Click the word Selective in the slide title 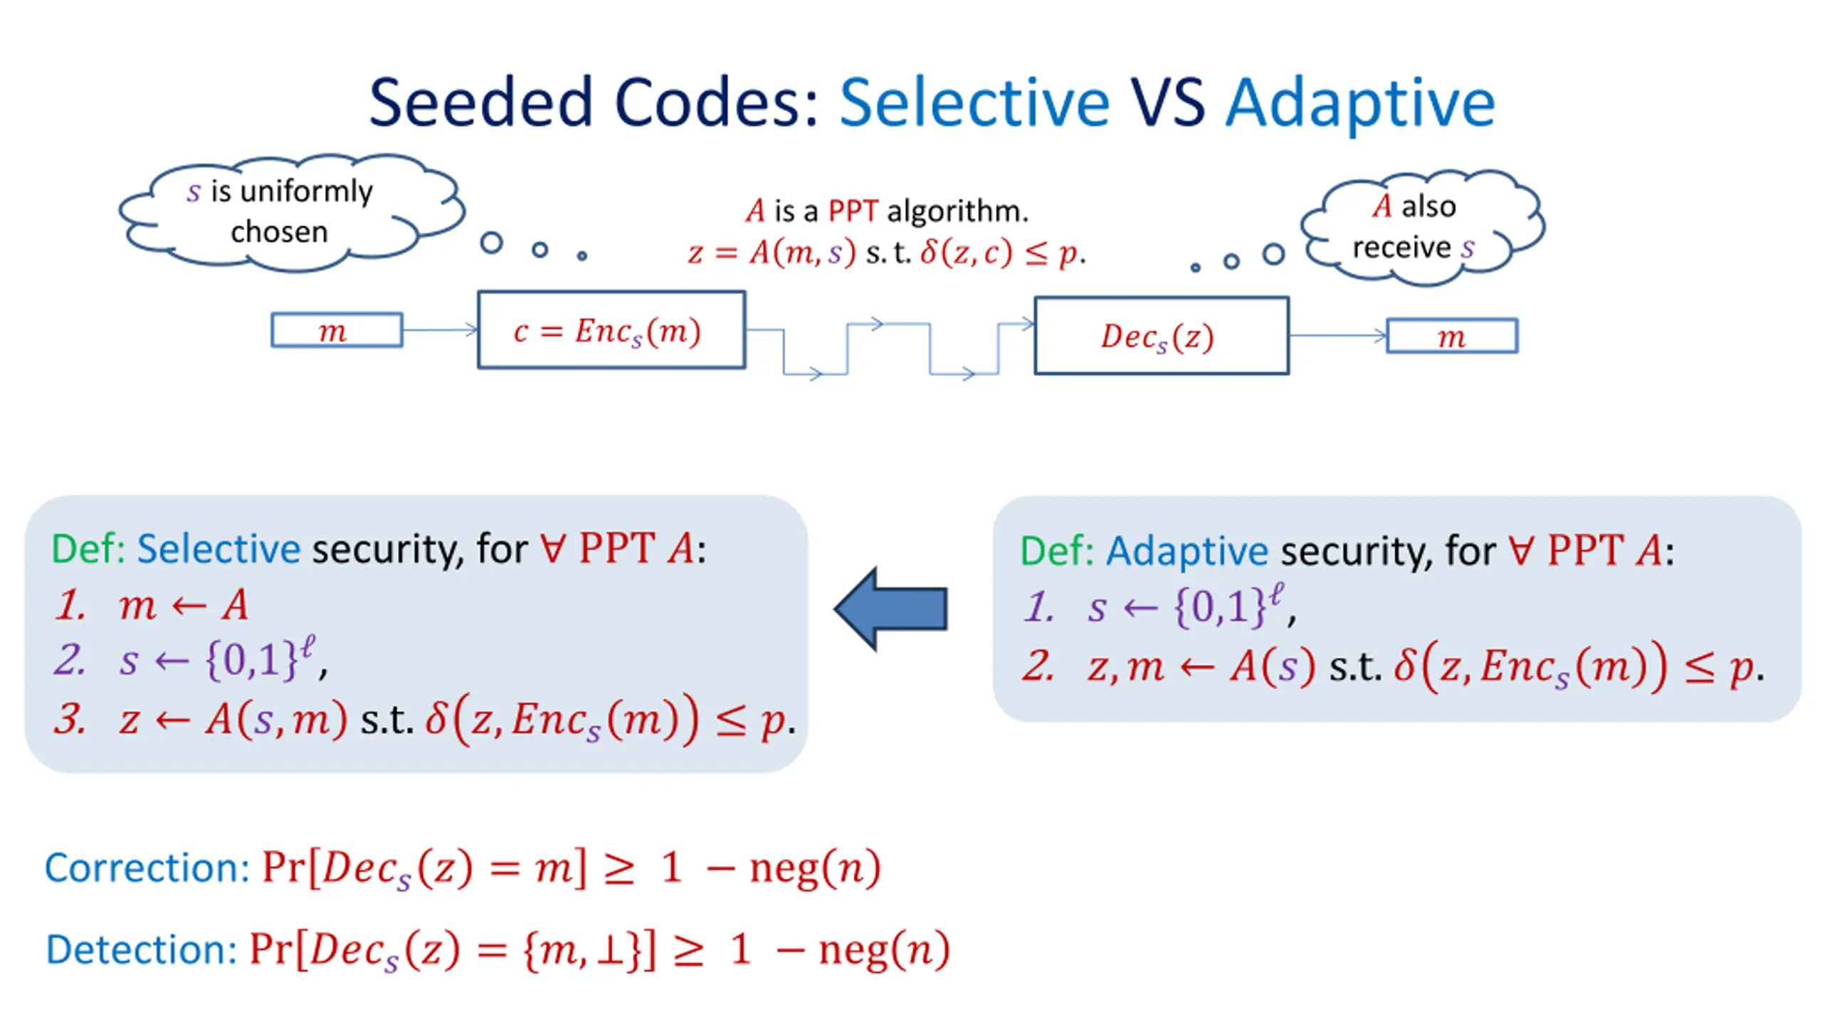tap(974, 102)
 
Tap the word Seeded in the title tap(481, 102)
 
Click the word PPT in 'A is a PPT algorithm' tap(853, 211)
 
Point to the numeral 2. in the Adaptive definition tap(1038, 666)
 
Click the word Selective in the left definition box tap(218, 549)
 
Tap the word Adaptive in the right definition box tap(1187, 552)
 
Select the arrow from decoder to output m tap(1338, 335)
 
